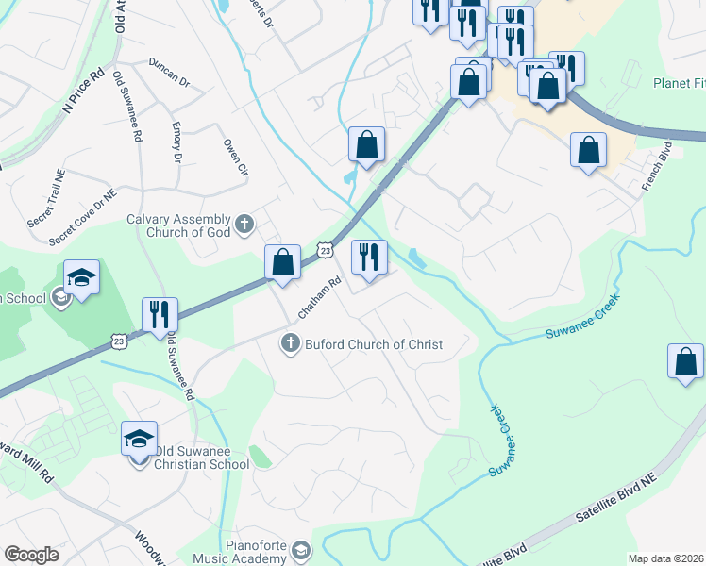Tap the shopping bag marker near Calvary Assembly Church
282,262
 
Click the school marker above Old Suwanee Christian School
139,438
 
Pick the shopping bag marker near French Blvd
588,150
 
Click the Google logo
31,555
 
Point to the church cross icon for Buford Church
291,344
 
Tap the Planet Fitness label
679,83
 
